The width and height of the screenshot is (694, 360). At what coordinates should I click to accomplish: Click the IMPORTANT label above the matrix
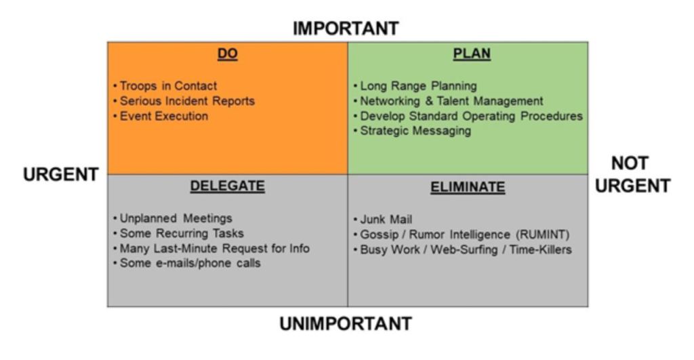click(x=346, y=28)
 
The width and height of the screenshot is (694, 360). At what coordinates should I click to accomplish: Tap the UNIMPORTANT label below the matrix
click(x=346, y=323)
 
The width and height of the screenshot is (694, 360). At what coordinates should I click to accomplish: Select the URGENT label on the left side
click(x=60, y=174)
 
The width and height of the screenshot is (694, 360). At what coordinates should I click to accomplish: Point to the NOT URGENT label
click(x=632, y=174)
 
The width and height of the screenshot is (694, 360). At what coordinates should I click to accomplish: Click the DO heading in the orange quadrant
click(x=228, y=54)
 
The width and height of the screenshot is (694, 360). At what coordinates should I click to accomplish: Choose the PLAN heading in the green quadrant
click(x=472, y=54)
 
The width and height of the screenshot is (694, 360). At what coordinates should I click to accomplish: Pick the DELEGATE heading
click(x=228, y=186)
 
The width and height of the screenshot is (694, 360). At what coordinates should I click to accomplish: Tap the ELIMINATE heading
click(x=468, y=187)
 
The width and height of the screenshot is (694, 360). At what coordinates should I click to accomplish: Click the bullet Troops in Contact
click(x=165, y=86)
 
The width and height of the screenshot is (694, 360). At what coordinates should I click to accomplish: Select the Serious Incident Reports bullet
click(x=184, y=101)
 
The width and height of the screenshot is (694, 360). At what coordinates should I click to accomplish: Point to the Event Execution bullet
click(x=161, y=116)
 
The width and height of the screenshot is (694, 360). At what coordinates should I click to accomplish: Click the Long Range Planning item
click(x=415, y=86)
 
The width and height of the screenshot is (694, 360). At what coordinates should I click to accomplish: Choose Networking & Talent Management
click(x=449, y=101)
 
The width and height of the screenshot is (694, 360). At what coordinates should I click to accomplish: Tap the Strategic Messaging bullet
click(x=412, y=131)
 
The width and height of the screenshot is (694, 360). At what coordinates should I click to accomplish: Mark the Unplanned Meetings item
click(x=173, y=218)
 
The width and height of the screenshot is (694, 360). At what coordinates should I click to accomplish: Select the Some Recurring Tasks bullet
click(x=178, y=233)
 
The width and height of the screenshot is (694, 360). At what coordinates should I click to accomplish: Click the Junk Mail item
click(x=383, y=219)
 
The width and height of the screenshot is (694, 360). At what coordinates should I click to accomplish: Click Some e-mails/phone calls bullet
click(x=187, y=263)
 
